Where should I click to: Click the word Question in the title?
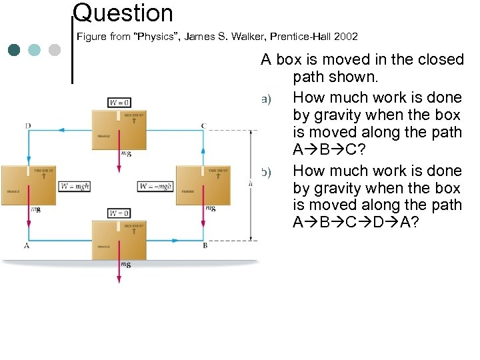pos(123,12)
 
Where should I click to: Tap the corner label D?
pos(28,125)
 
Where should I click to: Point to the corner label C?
pos(204,125)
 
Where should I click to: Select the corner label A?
pos(27,245)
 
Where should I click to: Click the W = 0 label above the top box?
pos(119,102)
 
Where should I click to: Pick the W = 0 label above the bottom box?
pos(119,213)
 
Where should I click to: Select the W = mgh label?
pos(74,186)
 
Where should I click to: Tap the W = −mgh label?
pos(155,186)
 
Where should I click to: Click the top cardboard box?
pos(119,129)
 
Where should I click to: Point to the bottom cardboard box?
pos(119,239)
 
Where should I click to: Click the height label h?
pos(250,183)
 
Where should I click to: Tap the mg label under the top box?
pos(126,153)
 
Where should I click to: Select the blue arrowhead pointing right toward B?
pos(197,238)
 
